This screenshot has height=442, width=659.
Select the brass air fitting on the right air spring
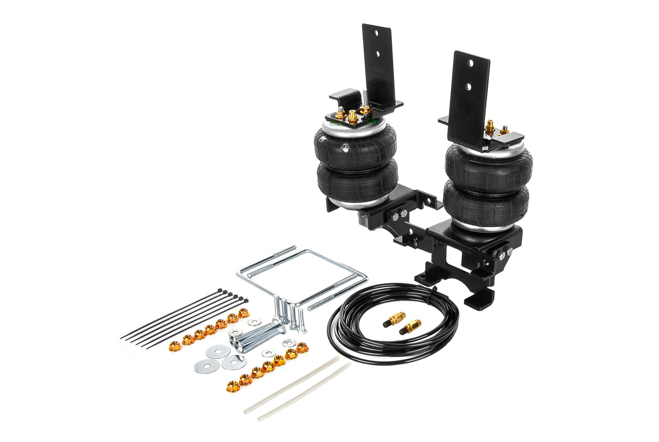(x=490, y=126)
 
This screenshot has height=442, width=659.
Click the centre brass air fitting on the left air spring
(x=352, y=116)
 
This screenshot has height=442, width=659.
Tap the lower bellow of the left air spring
(x=358, y=182)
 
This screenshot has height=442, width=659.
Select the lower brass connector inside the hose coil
(x=410, y=327)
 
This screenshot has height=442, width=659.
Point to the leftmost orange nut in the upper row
(x=175, y=346)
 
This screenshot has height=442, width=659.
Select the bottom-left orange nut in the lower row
(x=233, y=387)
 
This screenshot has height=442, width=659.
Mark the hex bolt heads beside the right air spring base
(x=504, y=253)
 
